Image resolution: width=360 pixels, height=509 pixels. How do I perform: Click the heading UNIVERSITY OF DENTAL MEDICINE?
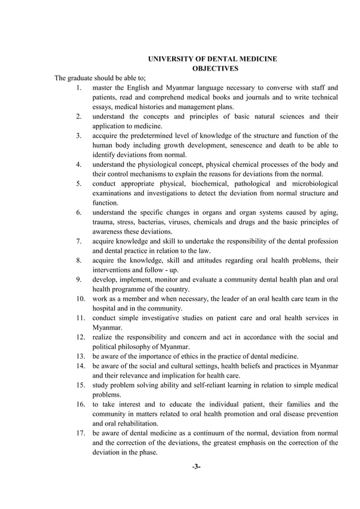(x=212, y=59)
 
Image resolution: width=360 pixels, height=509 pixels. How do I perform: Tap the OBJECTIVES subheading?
(x=212, y=68)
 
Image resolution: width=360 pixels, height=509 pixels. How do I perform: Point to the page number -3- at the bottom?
(x=196, y=467)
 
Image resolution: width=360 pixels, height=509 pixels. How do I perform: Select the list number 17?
(x=81, y=433)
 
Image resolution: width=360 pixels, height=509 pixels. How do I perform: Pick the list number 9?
(x=79, y=279)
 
